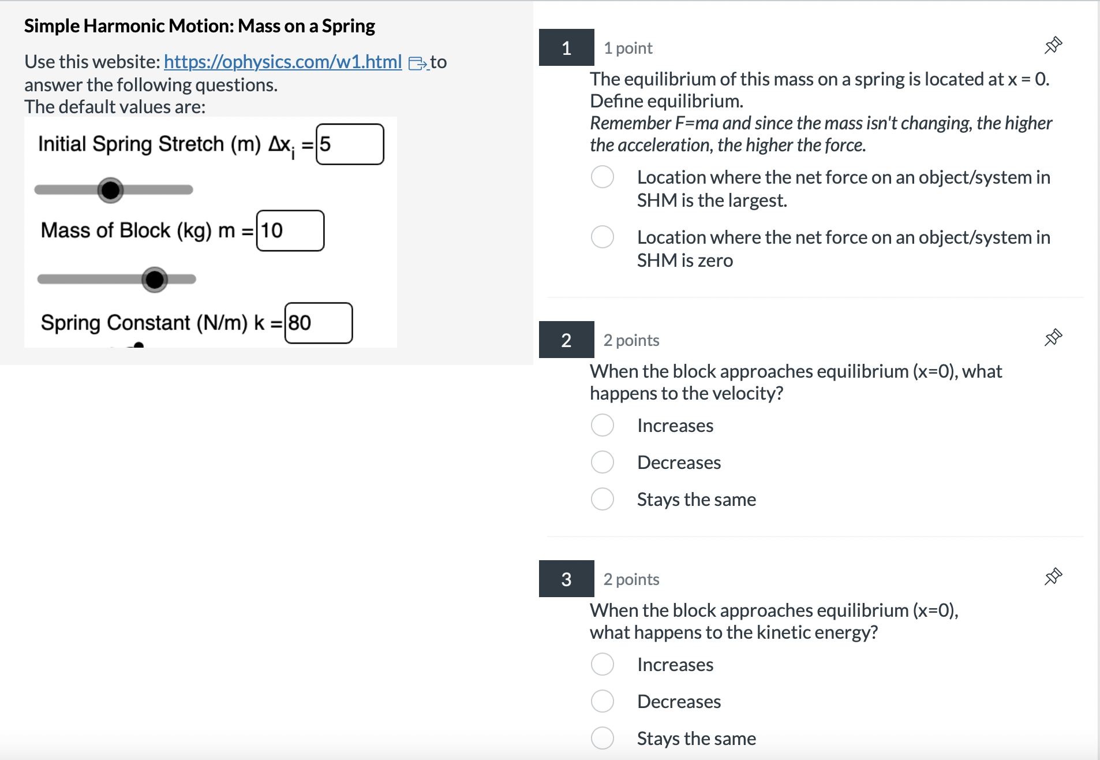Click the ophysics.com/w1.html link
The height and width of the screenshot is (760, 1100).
pyautogui.click(x=282, y=62)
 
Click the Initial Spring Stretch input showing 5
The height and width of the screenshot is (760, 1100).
pyautogui.click(x=350, y=144)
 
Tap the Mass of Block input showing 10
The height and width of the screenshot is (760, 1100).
pyautogui.click(x=290, y=231)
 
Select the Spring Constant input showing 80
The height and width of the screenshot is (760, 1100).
pyautogui.click(x=318, y=323)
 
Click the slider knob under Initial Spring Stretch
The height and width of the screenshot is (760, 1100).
pyautogui.click(x=110, y=190)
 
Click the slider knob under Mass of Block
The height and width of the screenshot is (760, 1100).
pyautogui.click(x=154, y=280)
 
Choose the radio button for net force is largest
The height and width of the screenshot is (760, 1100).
pyautogui.click(x=602, y=177)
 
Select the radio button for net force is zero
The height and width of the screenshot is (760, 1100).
pyautogui.click(x=602, y=237)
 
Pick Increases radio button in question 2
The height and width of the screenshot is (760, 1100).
pyautogui.click(x=602, y=426)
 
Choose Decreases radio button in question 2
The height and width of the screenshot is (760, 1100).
pyautogui.click(x=602, y=463)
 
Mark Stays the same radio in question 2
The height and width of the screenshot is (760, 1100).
pyautogui.click(x=602, y=500)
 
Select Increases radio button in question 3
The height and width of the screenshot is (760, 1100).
pyautogui.click(x=602, y=665)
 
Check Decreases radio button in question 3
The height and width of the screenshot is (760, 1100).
pyautogui.click(x=602, y=702)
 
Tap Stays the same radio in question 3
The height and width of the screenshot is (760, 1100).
pyautogui.click(x=602, y=739)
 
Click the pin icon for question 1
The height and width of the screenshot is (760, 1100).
pyautogui.click(x=1053, y=46)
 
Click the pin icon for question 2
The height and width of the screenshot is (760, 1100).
pyautogui.click(x=1053, y=338)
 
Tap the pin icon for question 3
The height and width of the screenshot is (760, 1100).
pyautogui.click(x=1053, y=577)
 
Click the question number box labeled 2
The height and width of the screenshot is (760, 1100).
pyautogui.click(x=566, y=340)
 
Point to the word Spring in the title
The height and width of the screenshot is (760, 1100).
pyautogui.click(x=348, y=26)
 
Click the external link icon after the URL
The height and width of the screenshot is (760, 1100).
pyautogui.click(x=417, y=63)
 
